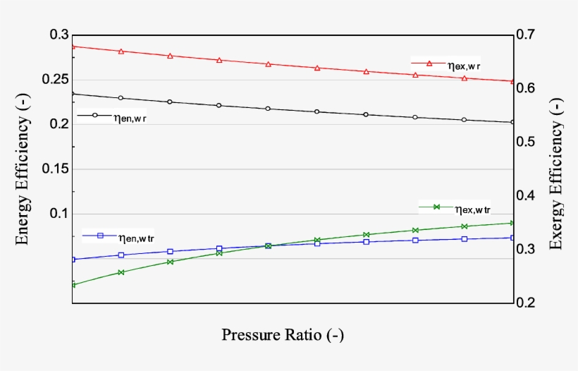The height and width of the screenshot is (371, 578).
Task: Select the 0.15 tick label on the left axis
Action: point(55,169)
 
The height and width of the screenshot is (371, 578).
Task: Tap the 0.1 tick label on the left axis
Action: point(59,214)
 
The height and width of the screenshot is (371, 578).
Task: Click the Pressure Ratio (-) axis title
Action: point(283,334)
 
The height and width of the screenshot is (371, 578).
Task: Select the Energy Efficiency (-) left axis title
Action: point(23,170)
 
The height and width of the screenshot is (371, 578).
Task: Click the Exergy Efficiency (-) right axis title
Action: point(556,170)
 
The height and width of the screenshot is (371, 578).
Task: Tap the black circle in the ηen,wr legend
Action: point(94,114)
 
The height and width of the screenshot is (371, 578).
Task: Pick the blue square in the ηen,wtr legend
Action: point(100,236)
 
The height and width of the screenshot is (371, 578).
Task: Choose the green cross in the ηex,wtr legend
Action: point(436,207)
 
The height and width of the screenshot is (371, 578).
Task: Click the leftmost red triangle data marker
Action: point(73,47)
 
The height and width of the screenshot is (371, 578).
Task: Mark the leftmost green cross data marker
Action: point(73,285)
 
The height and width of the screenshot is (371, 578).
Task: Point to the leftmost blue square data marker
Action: point(73,260)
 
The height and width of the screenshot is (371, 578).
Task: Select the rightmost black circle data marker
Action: point(512,122)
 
